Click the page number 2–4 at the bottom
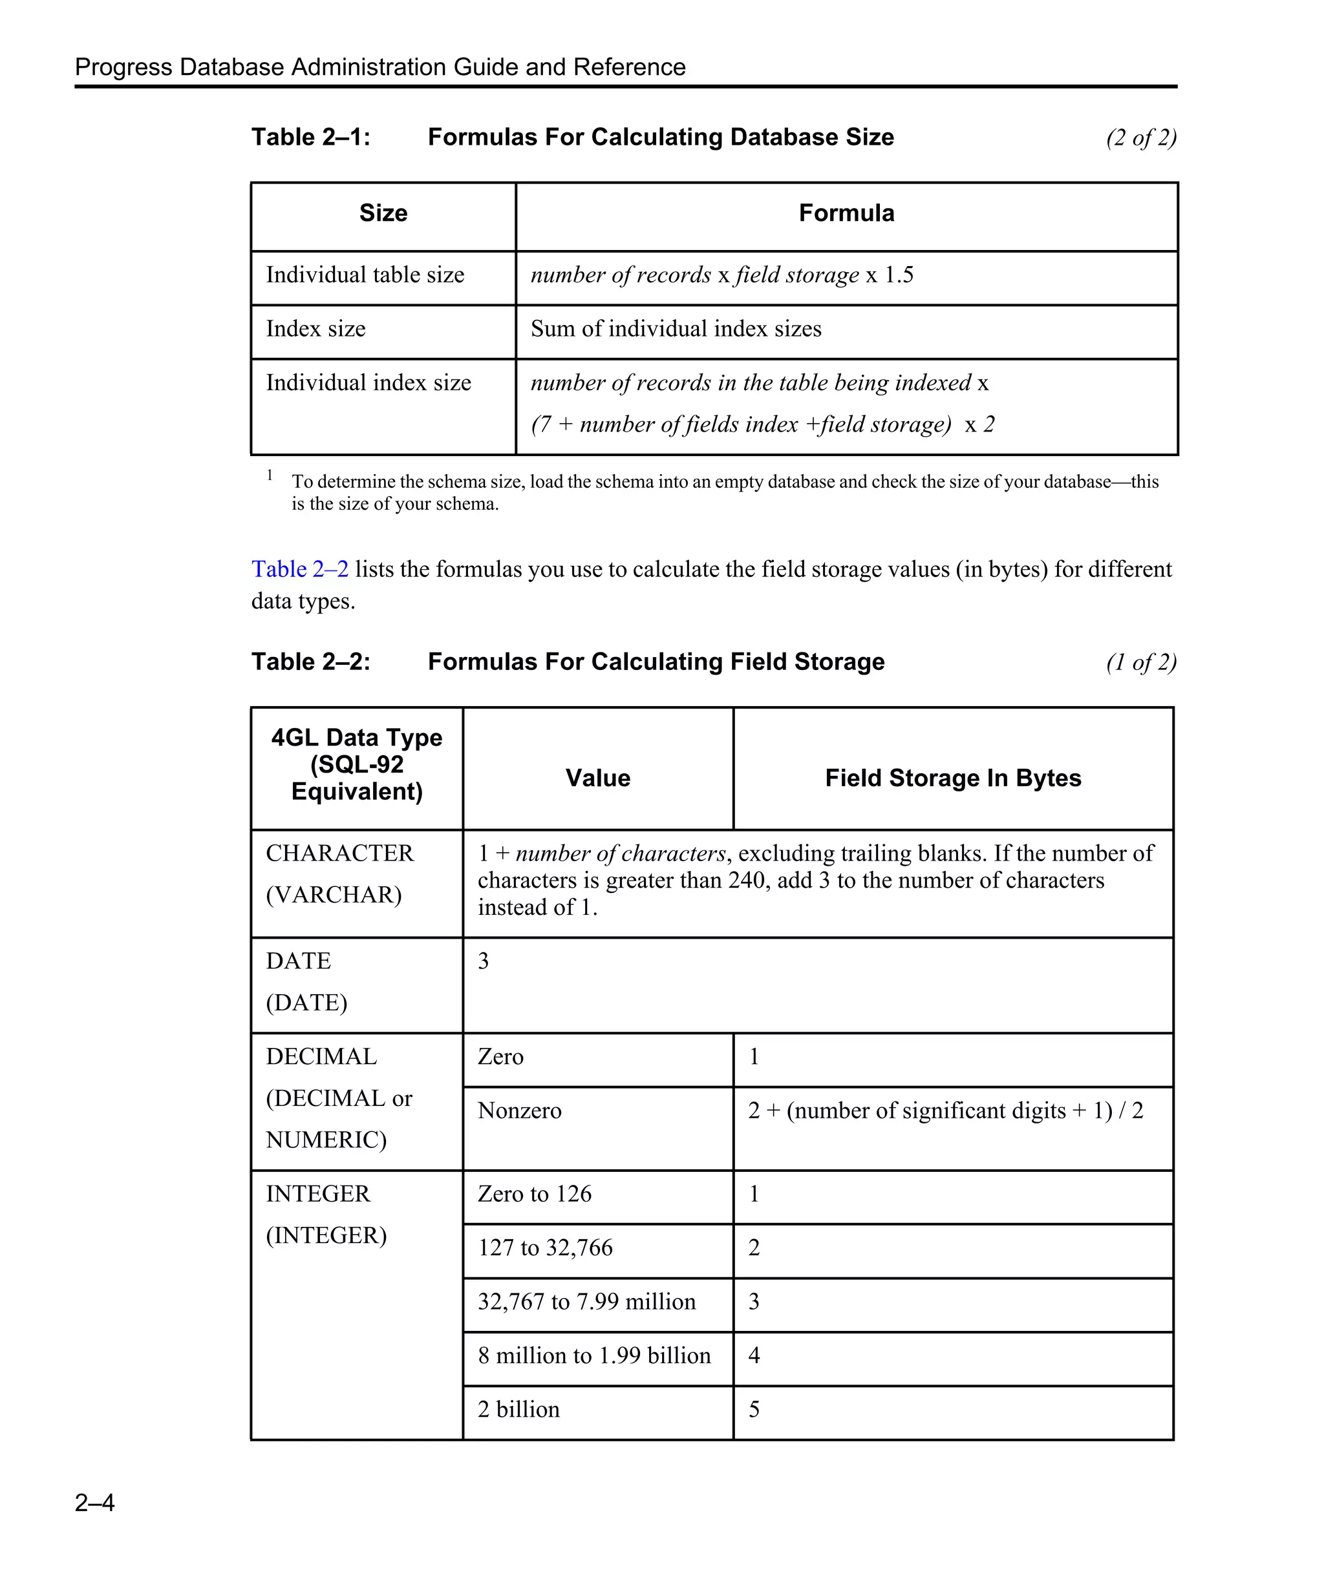coord(94,1502)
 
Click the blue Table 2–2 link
coord(299,569)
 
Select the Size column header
coord(383,213)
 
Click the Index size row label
coord(315,329)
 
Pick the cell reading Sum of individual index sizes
coord(676,329)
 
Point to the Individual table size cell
coord(365,275)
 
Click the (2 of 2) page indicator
coord(1140,138)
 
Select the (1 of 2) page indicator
coord(1140,662)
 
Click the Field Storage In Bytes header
coord(952,778)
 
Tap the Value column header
coord(598,778)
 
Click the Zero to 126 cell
coord(534,1193)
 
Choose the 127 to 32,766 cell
coord(545,1247)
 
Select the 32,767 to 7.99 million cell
coord(586,1301)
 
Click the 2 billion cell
coord(518,1410)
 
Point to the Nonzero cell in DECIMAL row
coord(520,1110)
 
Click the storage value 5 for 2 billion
coord(754,1410)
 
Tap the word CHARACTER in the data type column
coord(339,853)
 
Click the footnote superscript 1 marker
coord(270,475)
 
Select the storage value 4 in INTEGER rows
coord(754,1355)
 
